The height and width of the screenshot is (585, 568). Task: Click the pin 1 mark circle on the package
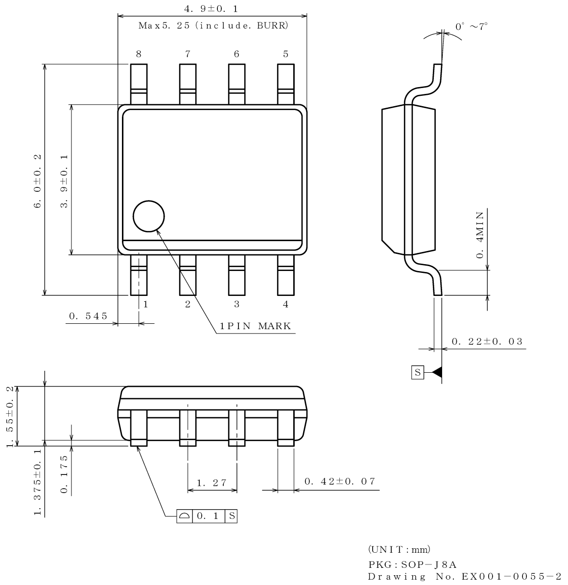tap(149, 216)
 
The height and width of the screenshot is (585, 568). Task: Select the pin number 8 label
tap(139, 54)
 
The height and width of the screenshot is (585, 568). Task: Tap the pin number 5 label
tap(285, 54)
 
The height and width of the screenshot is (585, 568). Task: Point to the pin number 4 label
tap(285, 304)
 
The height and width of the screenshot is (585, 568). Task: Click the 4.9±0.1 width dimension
tap(212, 9)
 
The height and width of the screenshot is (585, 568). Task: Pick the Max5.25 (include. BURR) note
tap(213, 25)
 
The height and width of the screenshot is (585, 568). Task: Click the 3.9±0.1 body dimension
tap(64, 181)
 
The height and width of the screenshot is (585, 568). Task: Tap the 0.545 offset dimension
tap(88, 316)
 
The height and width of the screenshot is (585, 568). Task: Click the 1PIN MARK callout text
tap(255, 326)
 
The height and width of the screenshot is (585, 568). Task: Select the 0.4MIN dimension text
tap(480, 234)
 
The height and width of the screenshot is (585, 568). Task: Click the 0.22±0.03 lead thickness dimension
tap(487, 341)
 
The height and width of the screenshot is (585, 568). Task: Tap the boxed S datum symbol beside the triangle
tap(418, 373)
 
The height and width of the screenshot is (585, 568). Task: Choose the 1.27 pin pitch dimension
tap(212, 483)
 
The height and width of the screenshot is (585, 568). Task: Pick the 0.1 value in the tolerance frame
tap(208, 516)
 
